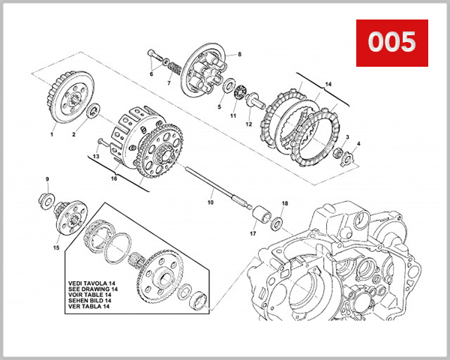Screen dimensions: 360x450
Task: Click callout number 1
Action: click(x=52, y=134)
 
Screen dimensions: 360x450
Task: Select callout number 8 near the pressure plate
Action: click(x=240, y=55)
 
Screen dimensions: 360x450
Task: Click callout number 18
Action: click(x=284, y=204)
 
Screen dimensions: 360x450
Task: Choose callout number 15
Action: click(x=56, y=247)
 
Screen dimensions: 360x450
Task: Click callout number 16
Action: click(x=114, y=179)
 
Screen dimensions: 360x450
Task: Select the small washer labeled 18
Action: click(x=277, y=222)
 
